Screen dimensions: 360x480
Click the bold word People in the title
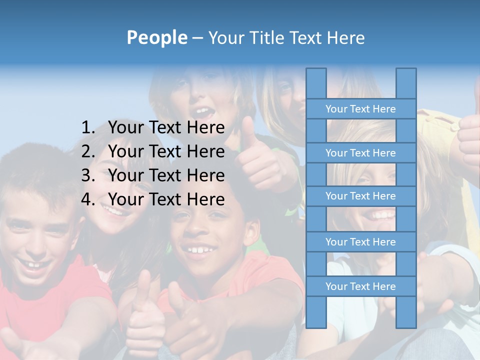pyautogui.click(x=156, y=37)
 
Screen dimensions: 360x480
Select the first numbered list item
pyautogui.click(x=166, y=128)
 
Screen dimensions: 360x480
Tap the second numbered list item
pyautogui.click(x=166, y=151)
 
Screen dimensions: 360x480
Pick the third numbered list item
pyautogui.click(x=166, y=175)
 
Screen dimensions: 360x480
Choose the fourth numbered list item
pyautogui.click(x=166, y=199)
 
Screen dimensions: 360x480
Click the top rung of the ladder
pyautogui.click(x=360, y=109)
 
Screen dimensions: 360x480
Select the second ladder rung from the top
pyautogui.click(x=360, y=153)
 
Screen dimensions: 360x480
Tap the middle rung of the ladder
pyautogui.click(x=360, y=196)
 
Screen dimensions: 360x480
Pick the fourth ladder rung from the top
pyautogui.click(x=360, y=242)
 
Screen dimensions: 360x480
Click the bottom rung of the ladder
pyautogui.click(x=360, y=286)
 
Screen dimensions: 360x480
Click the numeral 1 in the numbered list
pyautogui.click(x=87, y=128)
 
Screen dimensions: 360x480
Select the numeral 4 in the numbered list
pyautogui.click(x=87, y=199)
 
